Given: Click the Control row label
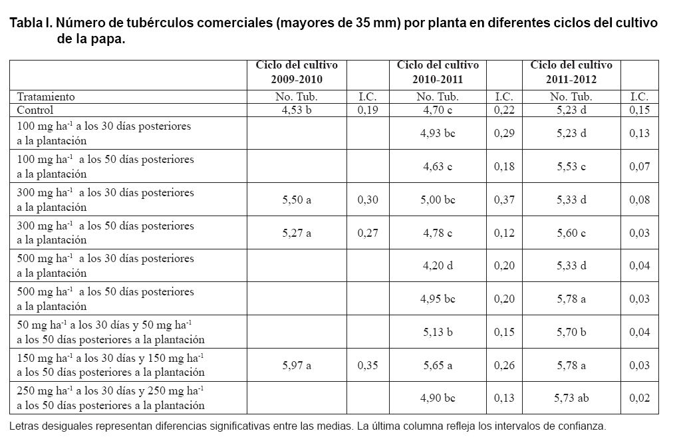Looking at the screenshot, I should click(x=35, y=110).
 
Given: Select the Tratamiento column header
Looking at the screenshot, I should click(x=46, y=96).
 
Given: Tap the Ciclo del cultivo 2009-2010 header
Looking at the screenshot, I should click(x=297, y=72).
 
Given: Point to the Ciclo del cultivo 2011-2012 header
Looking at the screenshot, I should click(x=571, y=72).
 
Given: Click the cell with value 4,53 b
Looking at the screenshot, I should click(x=297, y=110).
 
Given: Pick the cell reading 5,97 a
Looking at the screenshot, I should click(x=297, y=365).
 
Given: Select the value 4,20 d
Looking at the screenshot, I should click(x=438, y=265).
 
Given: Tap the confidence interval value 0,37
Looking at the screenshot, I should click(x=504, y=200).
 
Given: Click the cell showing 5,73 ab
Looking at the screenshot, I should click(x=571, y=398).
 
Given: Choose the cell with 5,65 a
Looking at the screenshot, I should click(x=438, y=365).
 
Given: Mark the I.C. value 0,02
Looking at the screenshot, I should click(x=639, y=398).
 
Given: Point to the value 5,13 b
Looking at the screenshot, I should click(x=438, y=332).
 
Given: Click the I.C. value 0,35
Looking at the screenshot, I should click(x=368, y=365).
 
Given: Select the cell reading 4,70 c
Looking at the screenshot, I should click(x=438, y=110).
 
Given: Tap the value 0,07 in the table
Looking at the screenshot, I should click(x=639, y=166).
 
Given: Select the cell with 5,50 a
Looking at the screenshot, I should click(x=297, y=200).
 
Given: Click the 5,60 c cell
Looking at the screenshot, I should click(x=571, y=232).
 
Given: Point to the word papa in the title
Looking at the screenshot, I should click(x=109, y=39).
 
